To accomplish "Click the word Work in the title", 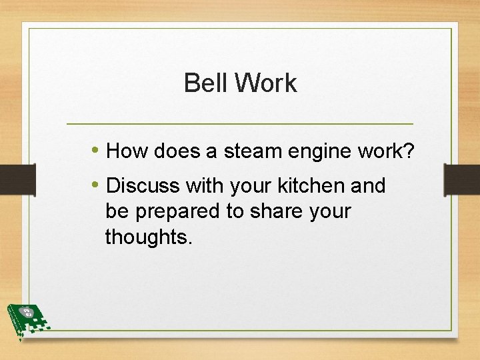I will tap(265, 83).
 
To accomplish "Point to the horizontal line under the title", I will tap(240, 124).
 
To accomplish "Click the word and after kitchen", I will tap(368, 185).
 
